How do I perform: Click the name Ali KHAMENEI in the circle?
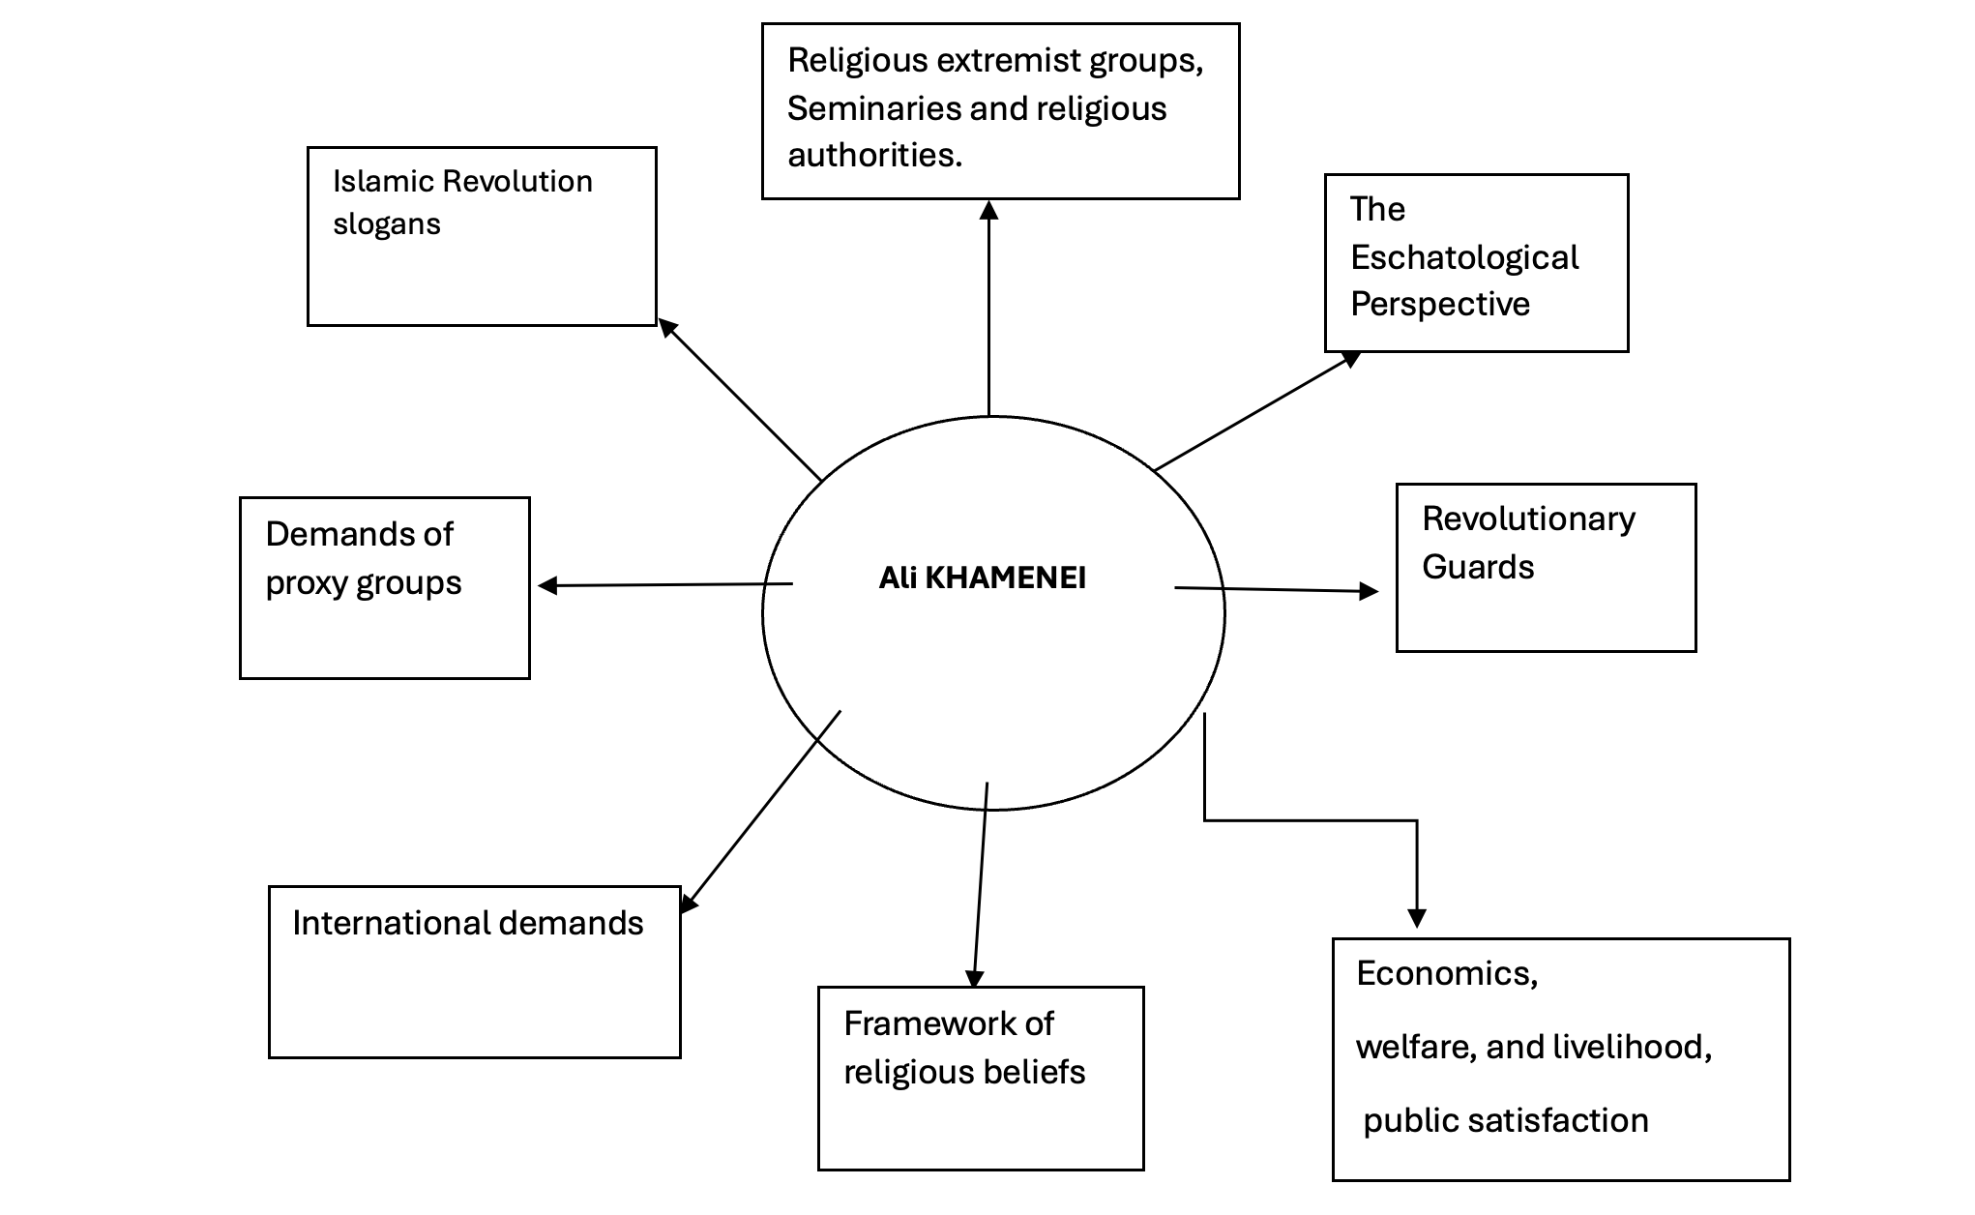(x=982, y=578)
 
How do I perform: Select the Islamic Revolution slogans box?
(x=482, y=236)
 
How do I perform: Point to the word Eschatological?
(x=1463, y=257)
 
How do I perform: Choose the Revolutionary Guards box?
(x=1546, y=568)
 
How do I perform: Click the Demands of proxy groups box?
(x=384, y=587)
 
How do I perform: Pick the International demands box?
(x=474, y=971)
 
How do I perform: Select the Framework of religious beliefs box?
(x=981, y=1078)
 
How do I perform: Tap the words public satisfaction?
(x=1506, y=1120)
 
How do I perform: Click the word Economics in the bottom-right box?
(x=1446, y=973)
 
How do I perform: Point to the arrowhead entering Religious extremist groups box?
(x=988, y=210)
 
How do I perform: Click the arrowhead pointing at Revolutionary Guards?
(x=1369, y=591)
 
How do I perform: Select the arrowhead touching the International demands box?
(x=688, y=904)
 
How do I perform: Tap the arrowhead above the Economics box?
(x=1417, y=917)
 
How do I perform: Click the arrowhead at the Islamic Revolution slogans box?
(x=667, y=327)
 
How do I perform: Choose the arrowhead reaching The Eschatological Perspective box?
(x=1351, y=359)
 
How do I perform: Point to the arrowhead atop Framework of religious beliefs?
(x=974, y=978)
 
